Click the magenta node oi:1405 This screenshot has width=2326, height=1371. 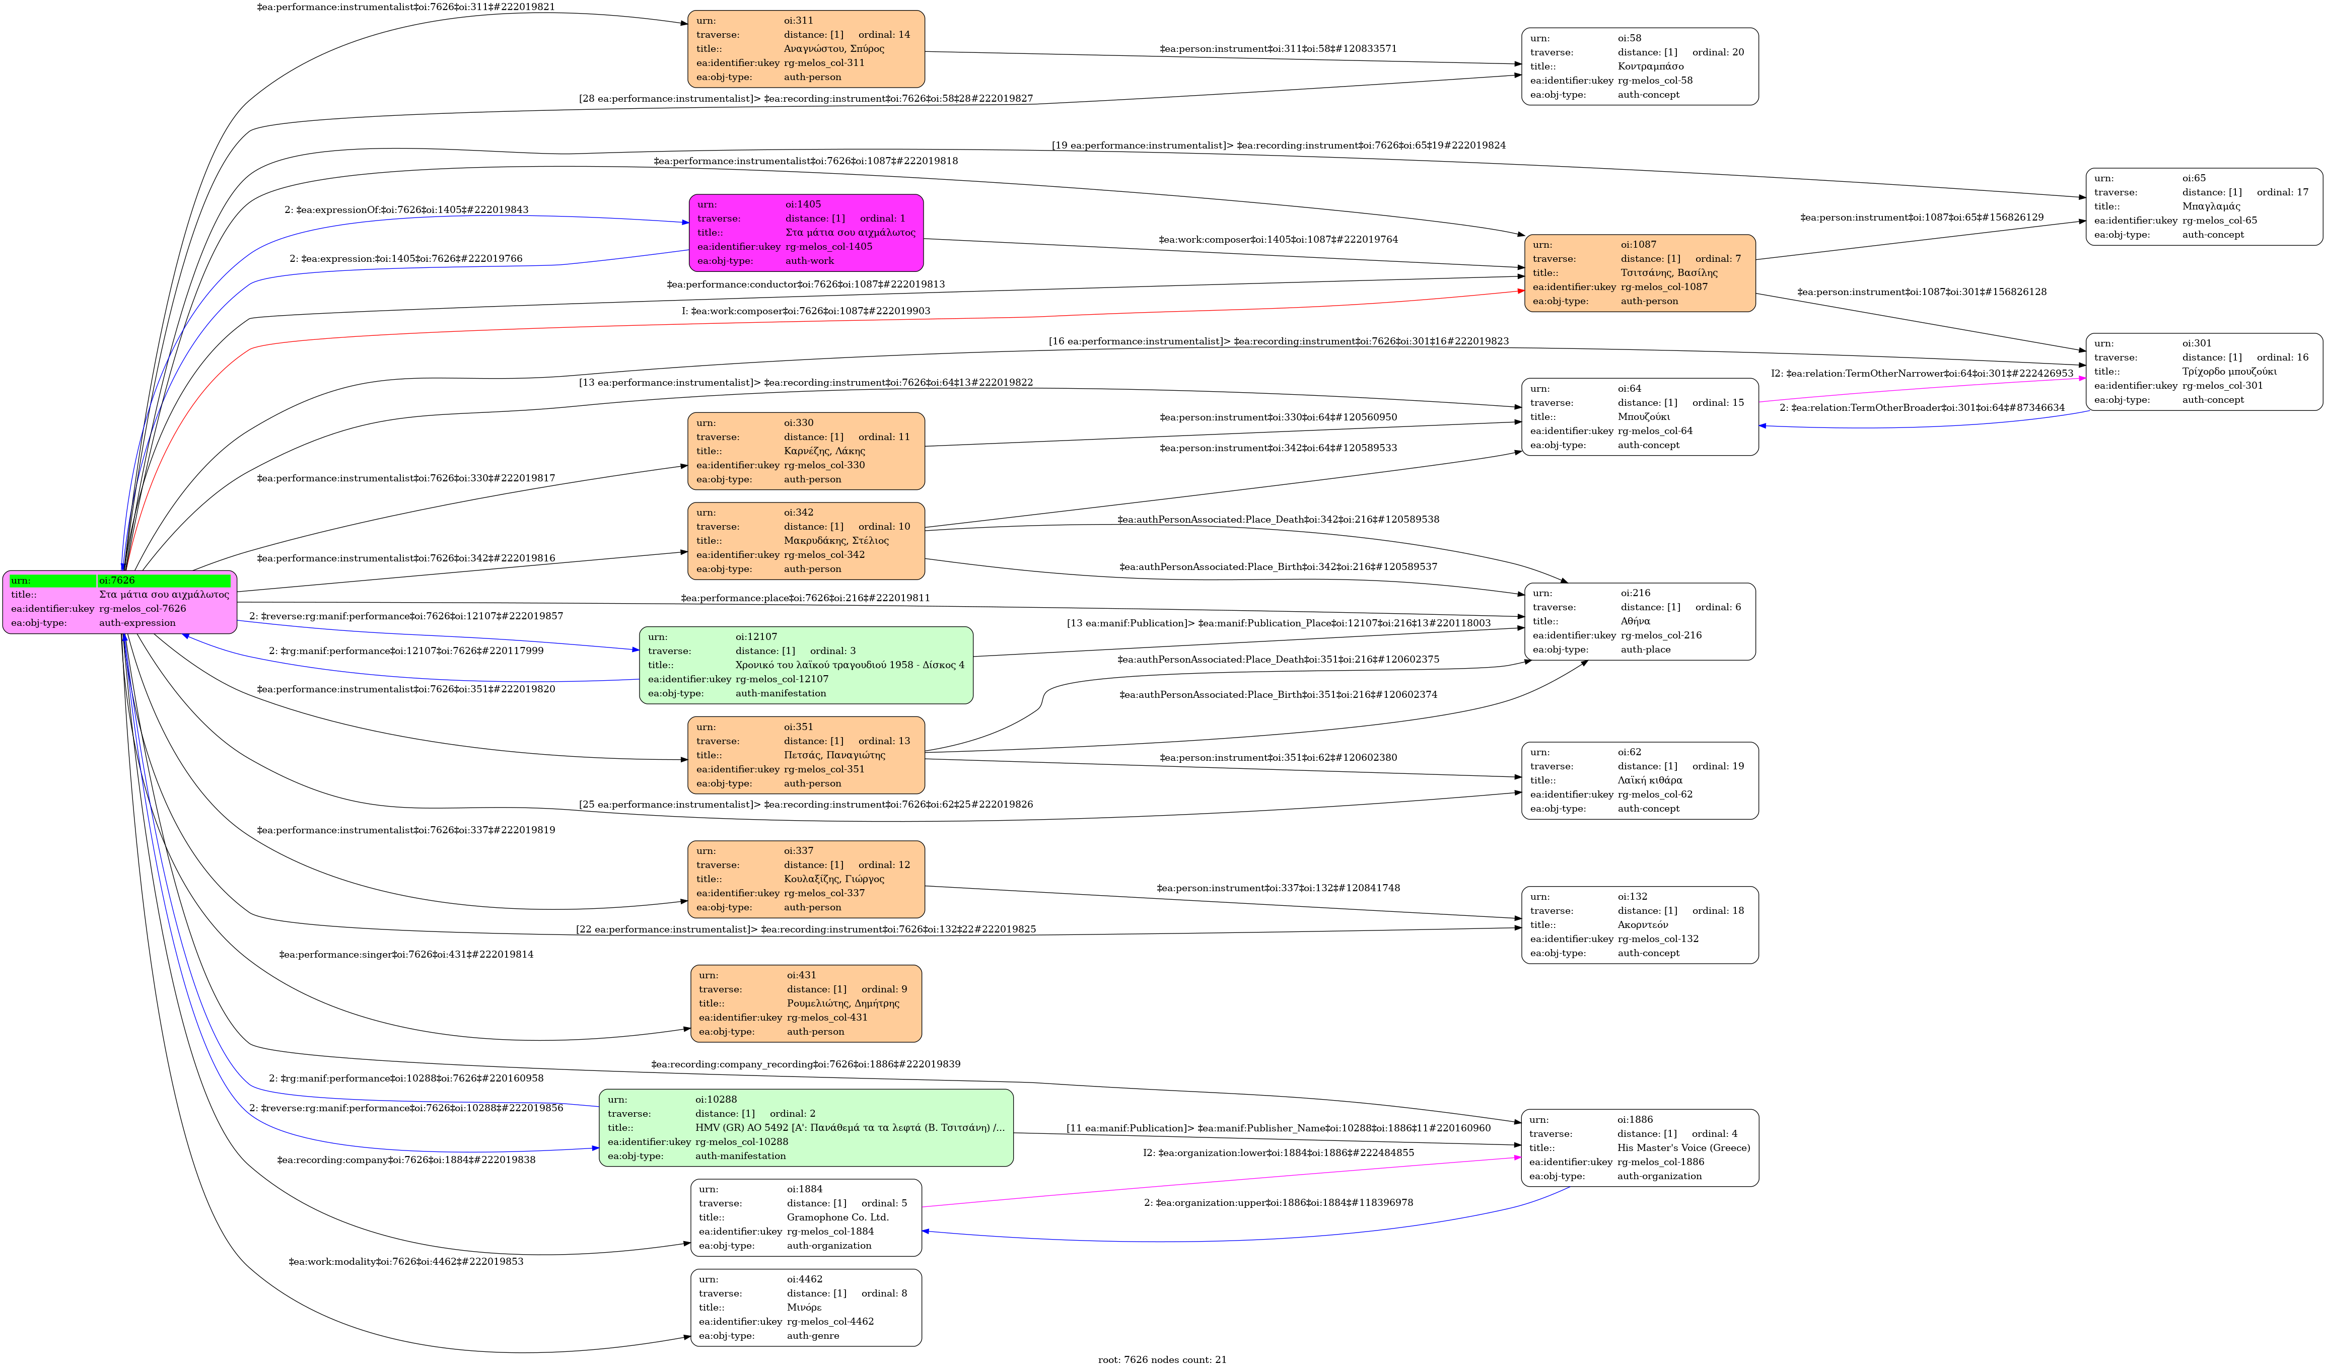click(x=806, y=233)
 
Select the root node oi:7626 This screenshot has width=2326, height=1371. click(x=120, y=602)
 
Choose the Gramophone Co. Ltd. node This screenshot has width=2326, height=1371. click(x=806, y=1217)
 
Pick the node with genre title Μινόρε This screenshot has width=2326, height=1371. click(x=806, y=1307)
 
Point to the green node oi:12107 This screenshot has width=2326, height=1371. click(x=806, y=665)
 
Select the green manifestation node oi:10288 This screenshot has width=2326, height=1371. click(x=806, y=1127)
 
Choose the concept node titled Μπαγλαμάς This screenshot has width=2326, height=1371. click(x=2203, y=206)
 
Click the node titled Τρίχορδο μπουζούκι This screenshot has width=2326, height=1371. click(x=2203, y=372)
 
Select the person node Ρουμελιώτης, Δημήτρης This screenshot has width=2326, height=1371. click(x=806, y=1003)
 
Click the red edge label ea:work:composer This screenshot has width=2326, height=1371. click(x=806, y=311)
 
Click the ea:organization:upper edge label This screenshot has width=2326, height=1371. click(x=1278, y=1203)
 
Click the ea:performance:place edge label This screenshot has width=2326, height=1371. click(x=806, y=598)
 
